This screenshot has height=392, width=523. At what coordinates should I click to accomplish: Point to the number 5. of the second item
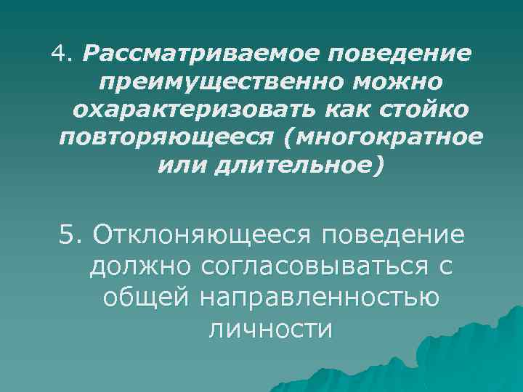(x=73, y=236)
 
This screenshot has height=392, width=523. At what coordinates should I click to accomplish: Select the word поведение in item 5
(x=398, y=236)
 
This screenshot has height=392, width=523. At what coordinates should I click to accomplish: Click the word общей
(x=145, y=298)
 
